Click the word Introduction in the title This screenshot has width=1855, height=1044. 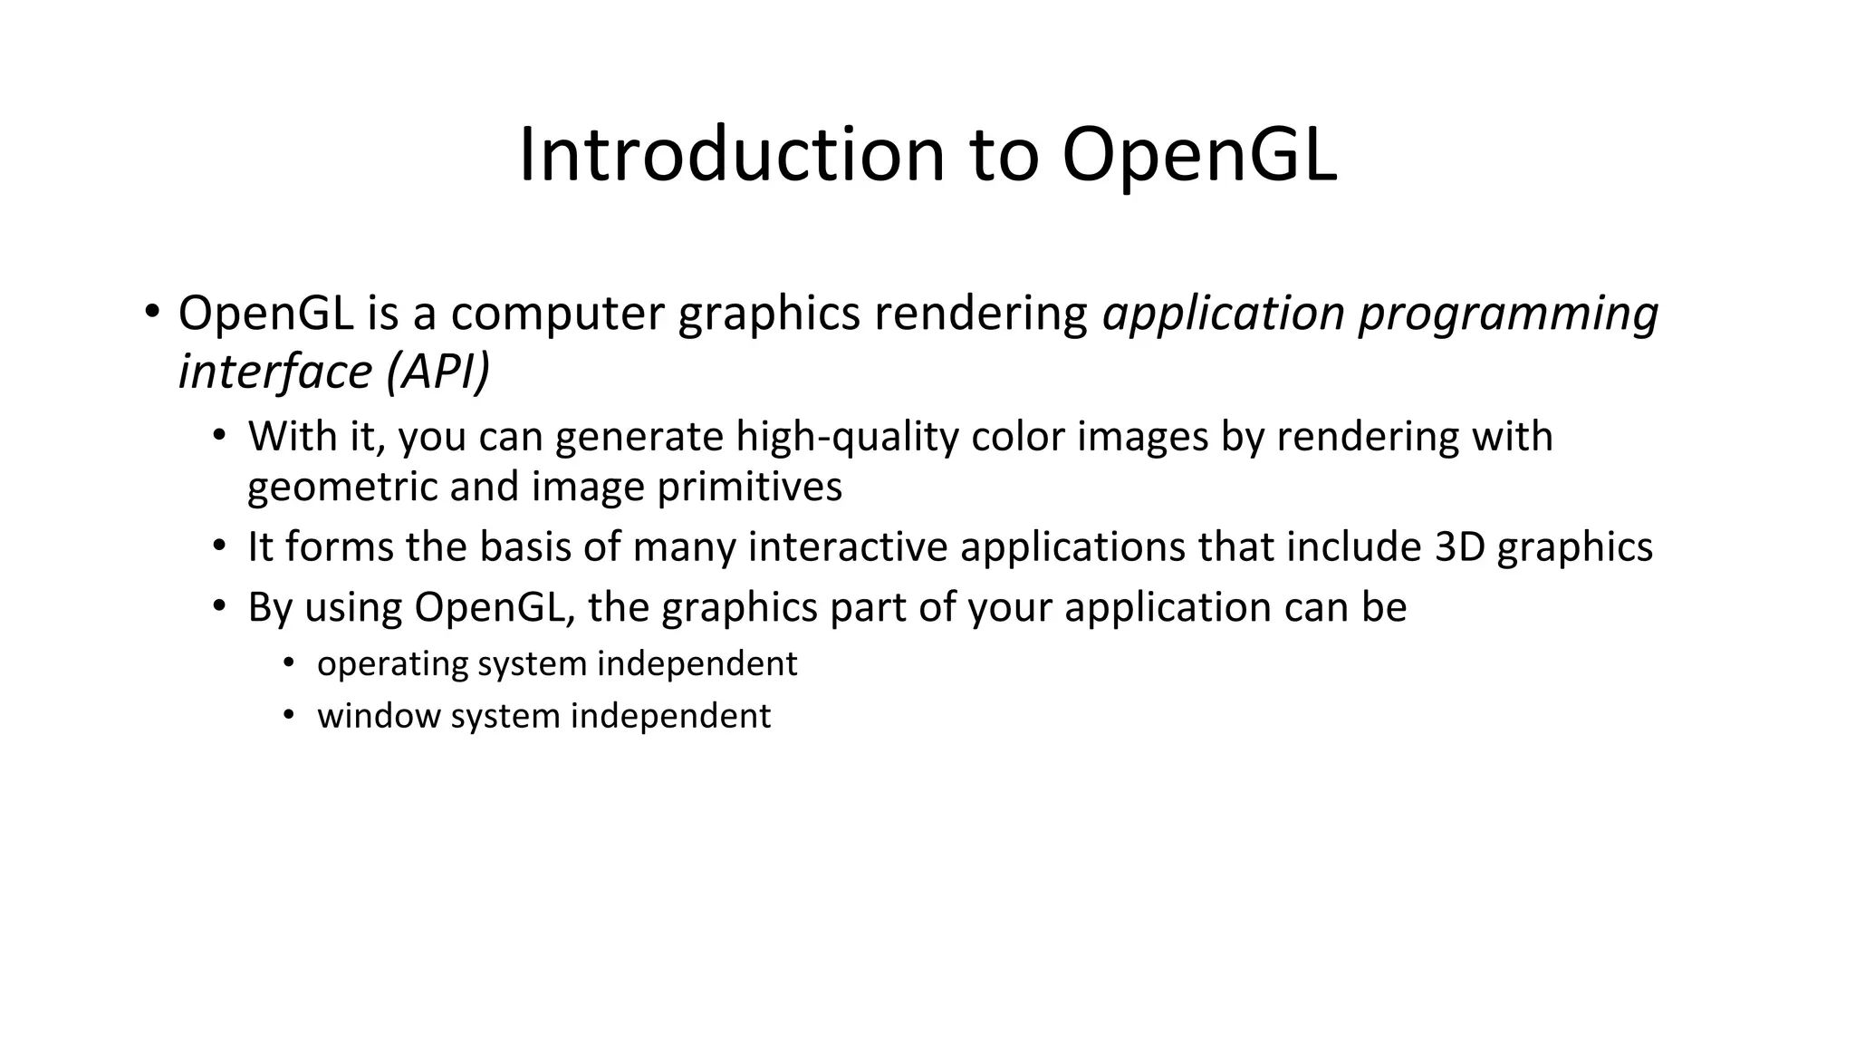tap(732, 155)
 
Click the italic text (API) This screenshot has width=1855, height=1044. tap(437, 372)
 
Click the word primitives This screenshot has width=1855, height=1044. tap(749, 488)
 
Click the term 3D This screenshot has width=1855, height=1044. tap(1459, 547)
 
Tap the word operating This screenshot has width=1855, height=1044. tap(391, 665)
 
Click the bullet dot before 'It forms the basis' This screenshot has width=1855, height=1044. tap(218, 546)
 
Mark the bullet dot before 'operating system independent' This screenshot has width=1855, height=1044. tap(288, 663)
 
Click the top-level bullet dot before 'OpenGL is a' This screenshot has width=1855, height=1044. tap(151, 312)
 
